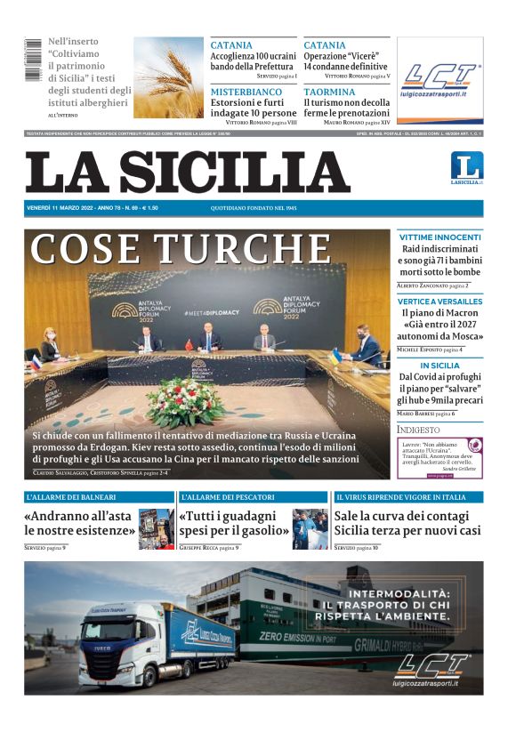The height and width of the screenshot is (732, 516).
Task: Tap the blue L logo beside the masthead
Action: click(466, 166)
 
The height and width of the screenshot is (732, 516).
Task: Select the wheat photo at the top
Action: click(169, 78)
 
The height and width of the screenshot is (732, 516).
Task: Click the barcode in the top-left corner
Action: click(33, 61)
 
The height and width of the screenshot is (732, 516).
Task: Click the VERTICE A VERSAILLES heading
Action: click(439, 302)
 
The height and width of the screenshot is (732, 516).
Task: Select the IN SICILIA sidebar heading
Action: click(439, 366)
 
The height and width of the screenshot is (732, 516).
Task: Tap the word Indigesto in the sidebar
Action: click(418, 430)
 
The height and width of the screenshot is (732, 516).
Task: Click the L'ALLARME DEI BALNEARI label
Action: click(71, 497)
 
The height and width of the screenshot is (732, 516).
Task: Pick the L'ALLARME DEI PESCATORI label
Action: click(226, 497)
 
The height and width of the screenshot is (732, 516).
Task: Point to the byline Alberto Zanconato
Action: click(421, 286)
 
